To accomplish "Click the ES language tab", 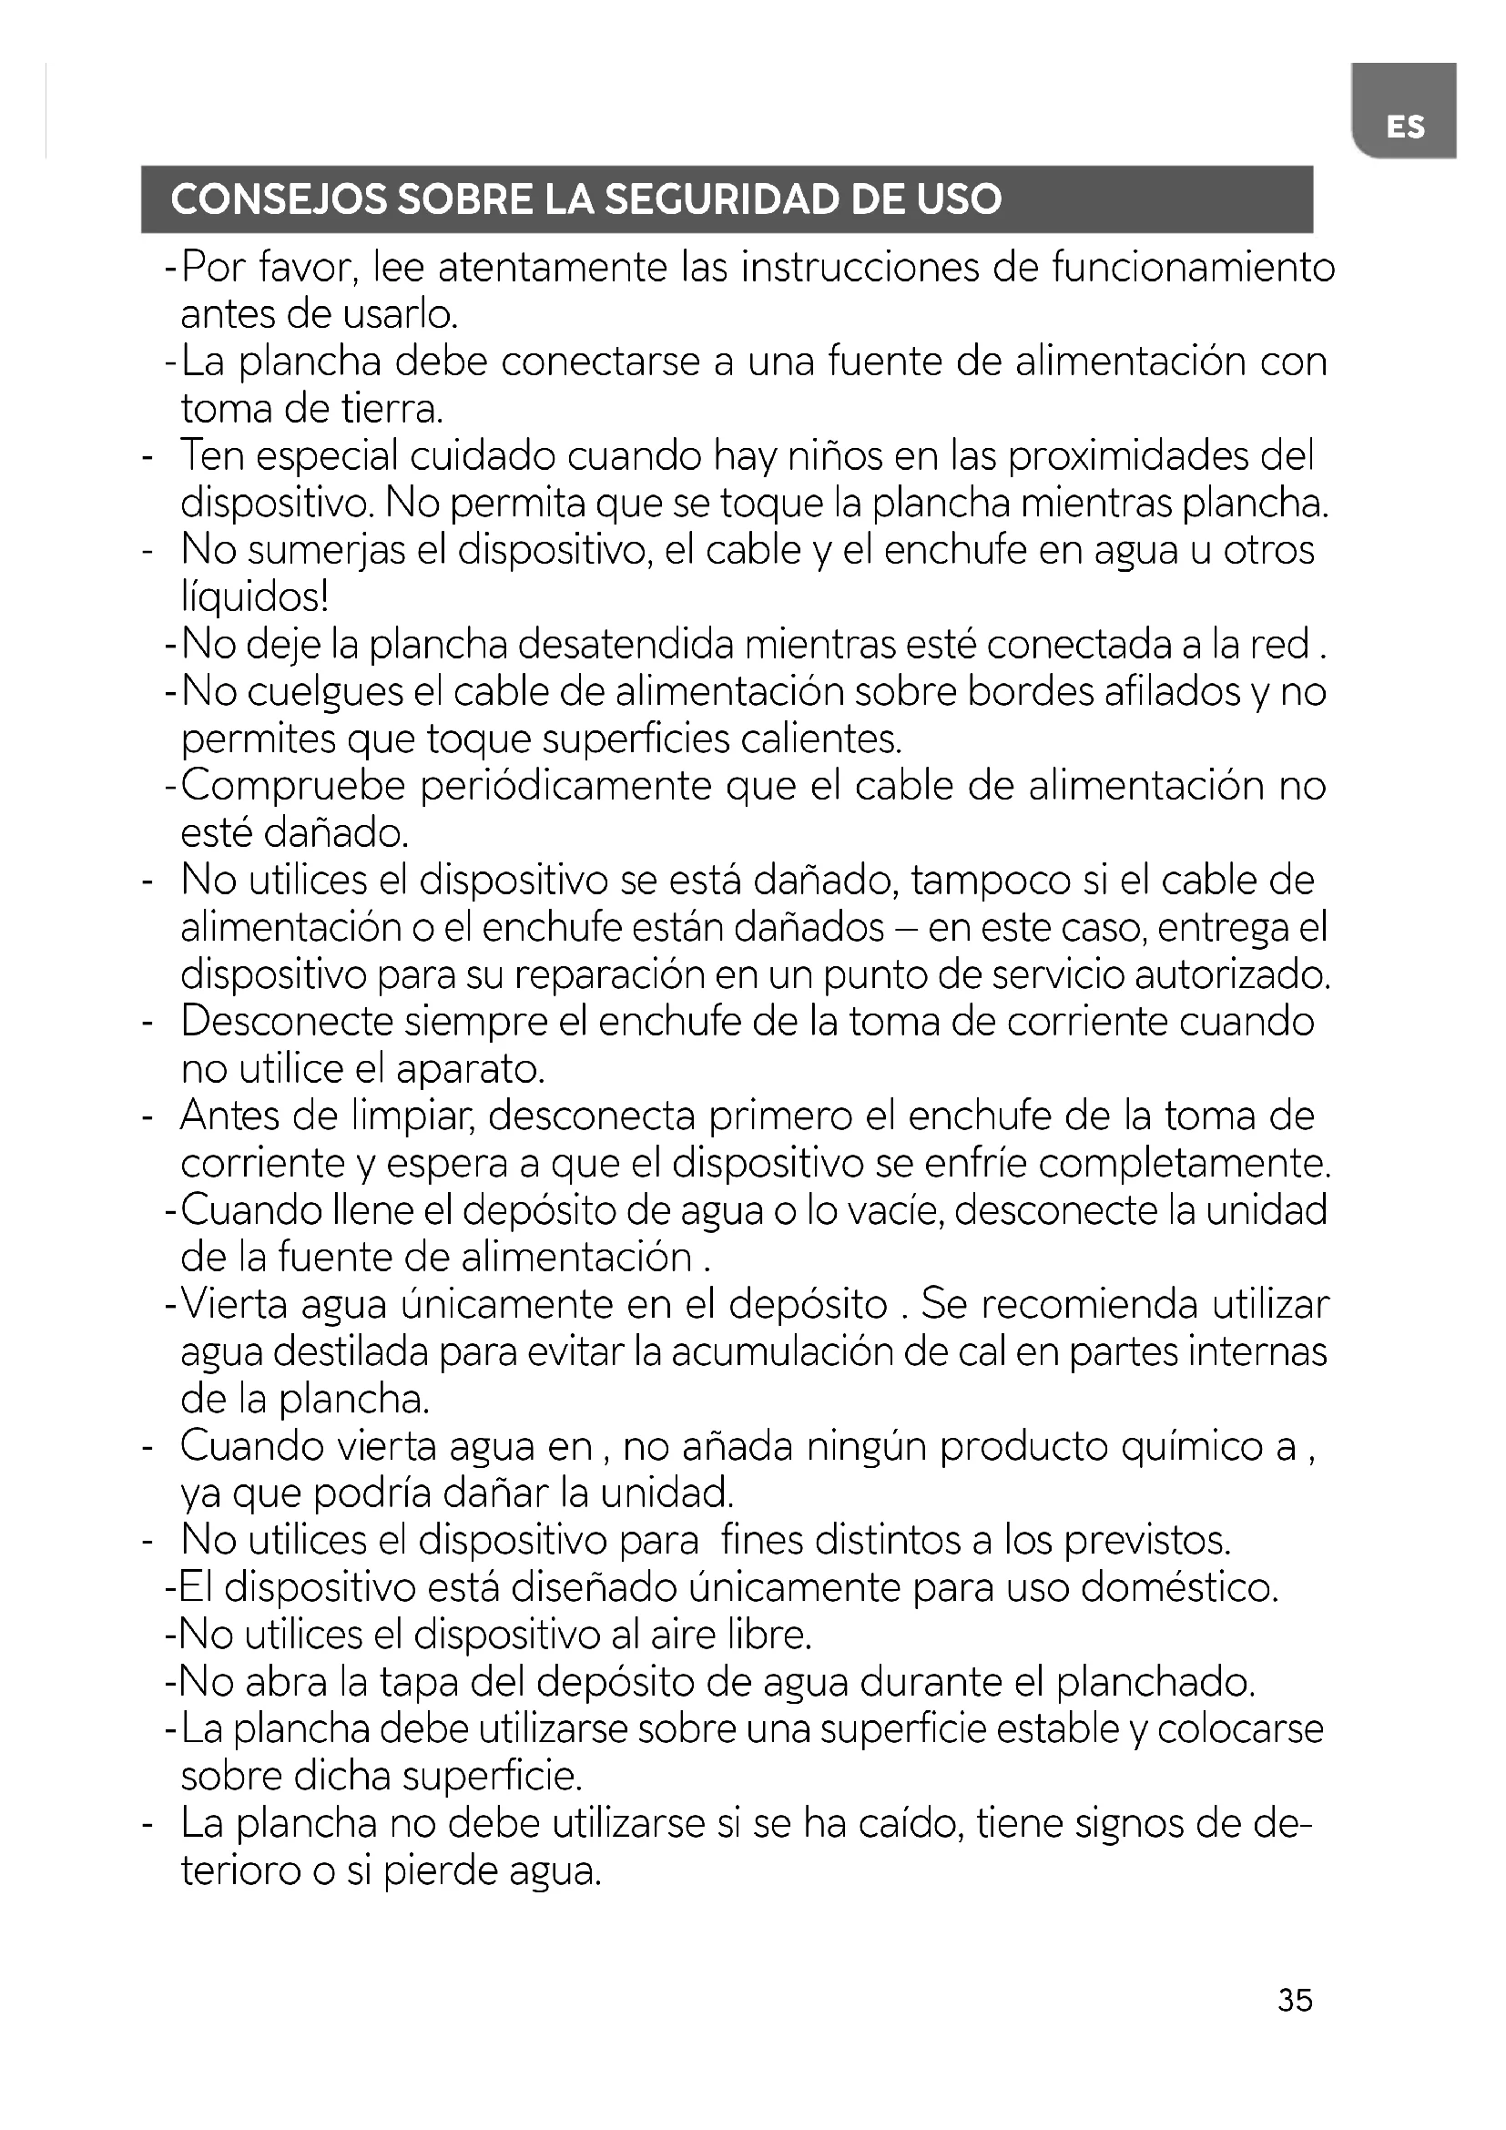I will coord(1405,127).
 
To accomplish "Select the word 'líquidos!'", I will coord(255,598).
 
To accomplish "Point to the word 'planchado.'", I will coord(1155,1683).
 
